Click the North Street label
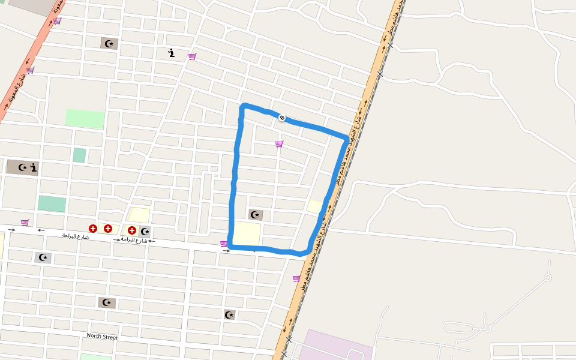(x=102, y=337)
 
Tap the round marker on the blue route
(x=281, y=118)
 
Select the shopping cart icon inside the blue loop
(x=279, y=144)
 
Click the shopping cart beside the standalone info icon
(x=192, y=56)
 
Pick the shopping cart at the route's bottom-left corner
(x=224, y=244)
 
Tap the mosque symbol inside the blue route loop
(x=256, y=214)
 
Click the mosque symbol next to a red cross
(x=145, y=231)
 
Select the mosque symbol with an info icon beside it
(x=23, y=167)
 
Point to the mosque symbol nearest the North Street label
(x=107, y=302)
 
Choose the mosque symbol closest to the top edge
(x=109, y=43)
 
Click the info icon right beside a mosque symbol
(x=34, y=167)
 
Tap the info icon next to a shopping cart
(x=172, y=53)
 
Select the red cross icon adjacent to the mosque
(x=131, y=230)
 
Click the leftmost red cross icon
(x=93, y=229)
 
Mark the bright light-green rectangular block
(x=85, y=119)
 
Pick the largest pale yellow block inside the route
(x=247, y=233)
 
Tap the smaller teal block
(x=79, y=155)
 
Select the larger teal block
(x=52, y=203)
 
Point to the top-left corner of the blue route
(x=243, y=107)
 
